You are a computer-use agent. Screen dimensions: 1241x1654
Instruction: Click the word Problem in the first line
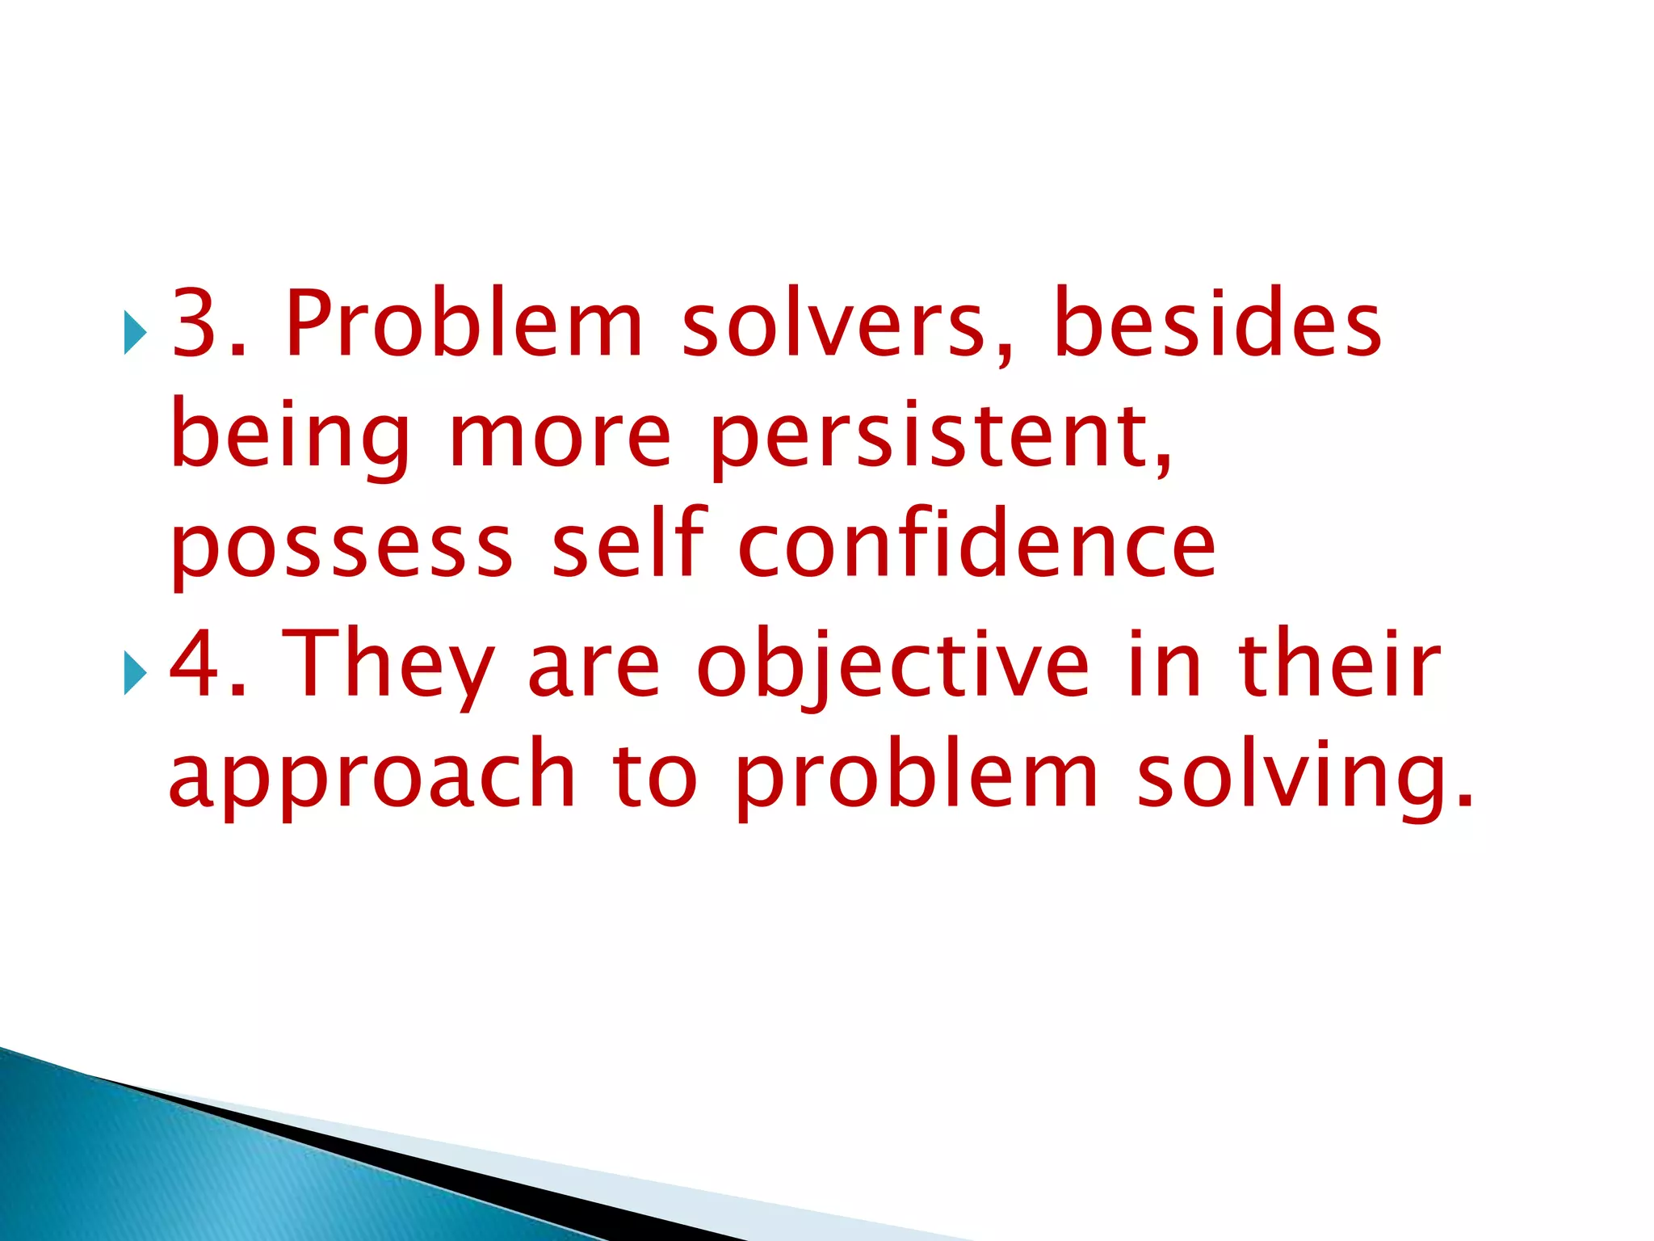click(x=464, y=323)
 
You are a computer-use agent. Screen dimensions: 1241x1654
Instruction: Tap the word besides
click(x=1218, y=323)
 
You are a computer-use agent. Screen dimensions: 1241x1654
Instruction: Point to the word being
click(x=291, y=436)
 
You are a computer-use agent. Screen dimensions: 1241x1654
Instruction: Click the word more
click(x=560, y=436)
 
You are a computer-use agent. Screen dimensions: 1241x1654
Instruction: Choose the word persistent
click(x=941, y=436)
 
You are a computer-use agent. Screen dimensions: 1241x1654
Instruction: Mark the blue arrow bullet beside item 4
click(x=135, y=672)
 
